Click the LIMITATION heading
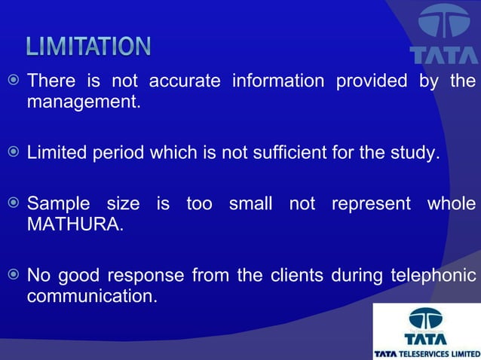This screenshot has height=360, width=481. (x=88, y=47)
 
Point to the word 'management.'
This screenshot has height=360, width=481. (x=84, y=101)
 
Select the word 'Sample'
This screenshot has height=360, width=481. (x=58, y=204)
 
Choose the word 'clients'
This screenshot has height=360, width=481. (x=296, y=276)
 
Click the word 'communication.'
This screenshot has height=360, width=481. (x=92, y=296)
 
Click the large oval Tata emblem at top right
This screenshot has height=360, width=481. (x=443, y=23)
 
